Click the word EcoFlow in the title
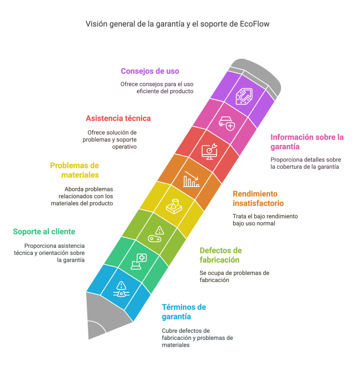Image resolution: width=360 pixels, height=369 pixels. tap(254, 24)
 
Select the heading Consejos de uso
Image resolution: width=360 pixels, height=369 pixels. tap(150, 71)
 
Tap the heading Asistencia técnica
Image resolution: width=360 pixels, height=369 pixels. tap(118, 118)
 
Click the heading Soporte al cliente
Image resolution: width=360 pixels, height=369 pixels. tap(44, 232)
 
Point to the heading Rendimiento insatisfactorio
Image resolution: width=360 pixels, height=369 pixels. tap(258, 199)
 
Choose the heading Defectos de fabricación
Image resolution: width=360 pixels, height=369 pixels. tap(221, 255)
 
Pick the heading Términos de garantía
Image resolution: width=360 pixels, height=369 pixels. tap(184, 312)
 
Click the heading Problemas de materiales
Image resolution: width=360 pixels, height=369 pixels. tap(74, 170)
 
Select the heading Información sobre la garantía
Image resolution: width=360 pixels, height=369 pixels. tap(307, 142)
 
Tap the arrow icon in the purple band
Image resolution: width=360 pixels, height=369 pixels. tap(244, 96)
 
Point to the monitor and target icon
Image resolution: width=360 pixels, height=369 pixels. tap(209, 151)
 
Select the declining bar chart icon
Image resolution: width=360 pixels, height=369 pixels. tap(191, 179)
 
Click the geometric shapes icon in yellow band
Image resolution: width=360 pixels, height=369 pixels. tap(174, 206)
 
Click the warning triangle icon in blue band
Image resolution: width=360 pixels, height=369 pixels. tap(121, 289)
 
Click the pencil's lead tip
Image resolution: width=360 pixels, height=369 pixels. tap(89, 339)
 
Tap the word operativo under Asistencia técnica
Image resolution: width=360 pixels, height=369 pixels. tap(124, 147)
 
